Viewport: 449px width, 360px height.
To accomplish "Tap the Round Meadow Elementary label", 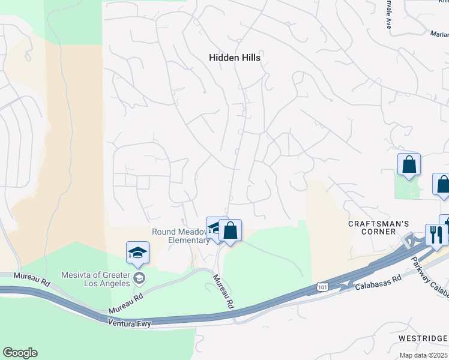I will coord(180,236).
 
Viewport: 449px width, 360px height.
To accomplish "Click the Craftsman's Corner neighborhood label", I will coord(379,227).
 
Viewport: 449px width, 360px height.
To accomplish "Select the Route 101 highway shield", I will coord(322,289).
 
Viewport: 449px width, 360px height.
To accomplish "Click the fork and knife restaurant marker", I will coord(435,234).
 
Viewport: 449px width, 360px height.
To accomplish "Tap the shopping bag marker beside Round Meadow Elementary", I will coord(230,230).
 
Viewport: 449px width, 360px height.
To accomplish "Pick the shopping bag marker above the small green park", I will coord(409,164).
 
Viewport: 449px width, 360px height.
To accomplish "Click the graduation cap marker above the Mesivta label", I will coord(137,252).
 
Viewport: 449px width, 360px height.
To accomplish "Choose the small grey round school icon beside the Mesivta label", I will coord(139,277).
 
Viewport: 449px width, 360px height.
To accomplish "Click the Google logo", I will coord(20,353).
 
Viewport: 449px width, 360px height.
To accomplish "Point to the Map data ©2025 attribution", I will coord(424,355).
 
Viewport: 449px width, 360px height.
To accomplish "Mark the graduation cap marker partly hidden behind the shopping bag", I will coord(213,227).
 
